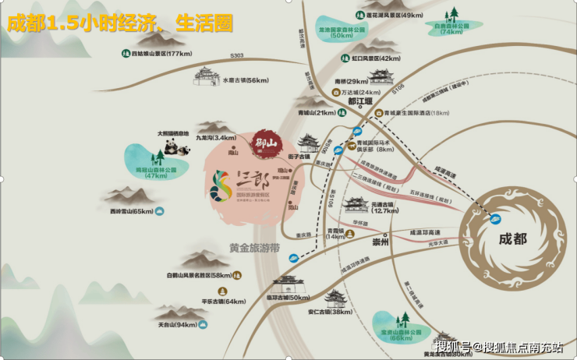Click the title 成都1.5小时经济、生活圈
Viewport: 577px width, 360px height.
120,23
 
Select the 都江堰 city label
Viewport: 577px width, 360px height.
360,101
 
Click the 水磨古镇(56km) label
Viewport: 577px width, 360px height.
246,80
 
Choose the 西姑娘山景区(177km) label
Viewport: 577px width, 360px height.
161,54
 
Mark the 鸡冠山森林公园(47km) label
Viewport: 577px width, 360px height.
145,171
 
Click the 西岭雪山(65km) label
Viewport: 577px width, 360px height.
132,211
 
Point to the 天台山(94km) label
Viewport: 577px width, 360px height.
176,324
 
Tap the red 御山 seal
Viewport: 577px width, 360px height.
267,143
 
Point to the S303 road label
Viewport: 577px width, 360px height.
237,55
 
